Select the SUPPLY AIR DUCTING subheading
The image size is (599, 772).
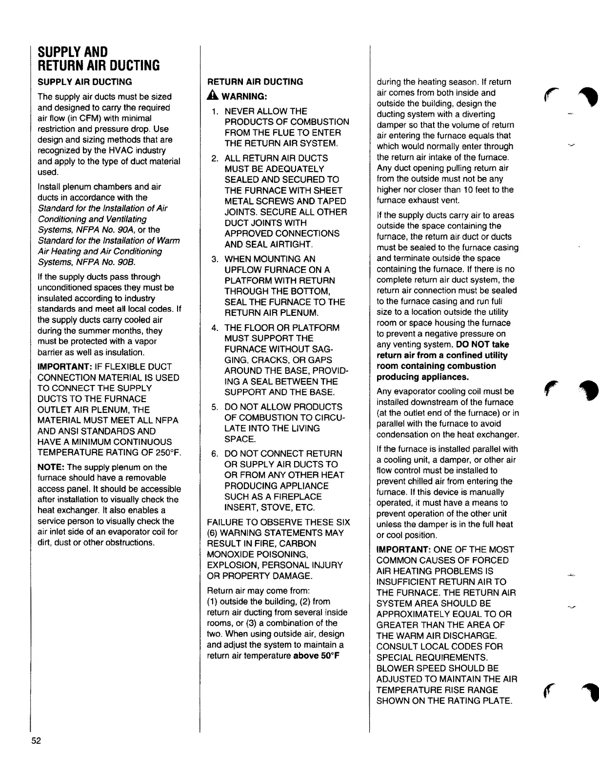click(x=85, y=82)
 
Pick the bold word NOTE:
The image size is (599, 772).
click(x=51, y=467)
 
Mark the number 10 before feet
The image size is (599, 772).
click(x=467, y=190)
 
